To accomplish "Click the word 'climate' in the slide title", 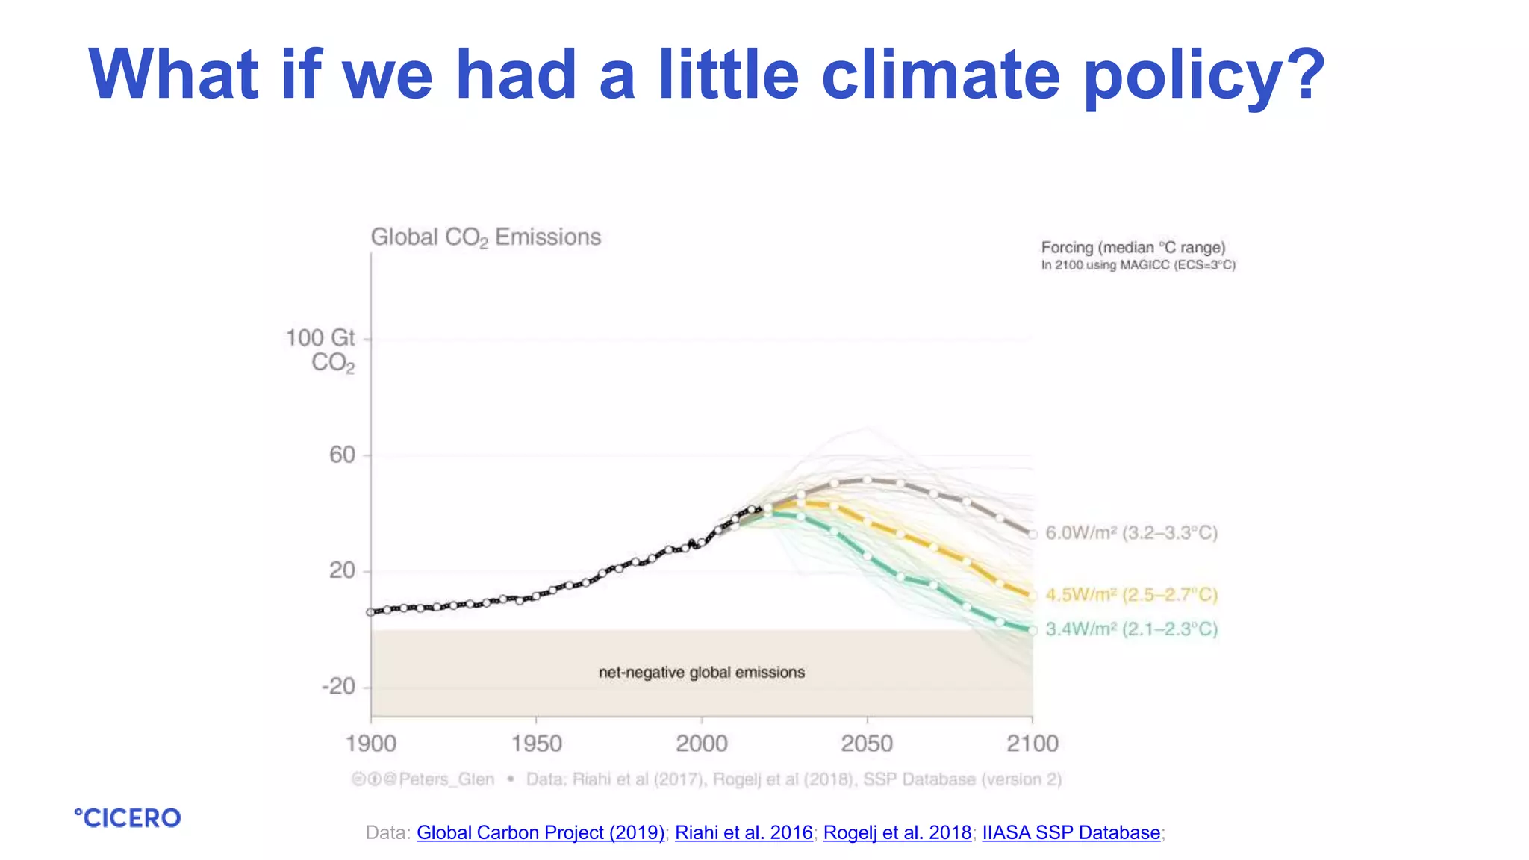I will (940, 74).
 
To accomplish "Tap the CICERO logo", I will (128, 818).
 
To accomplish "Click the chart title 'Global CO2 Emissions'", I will (485, 237).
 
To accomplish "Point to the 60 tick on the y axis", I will (343, 455).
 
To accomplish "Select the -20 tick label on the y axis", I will (338, 686).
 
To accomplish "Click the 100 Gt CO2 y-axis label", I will (322, 349).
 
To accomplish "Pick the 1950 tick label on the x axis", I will (536, 744).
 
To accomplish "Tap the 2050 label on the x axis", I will (867, 744).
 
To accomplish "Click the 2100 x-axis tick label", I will (1032, 744).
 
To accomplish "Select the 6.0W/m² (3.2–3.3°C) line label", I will (1131, 533).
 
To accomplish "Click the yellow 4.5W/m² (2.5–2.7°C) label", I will (1131, 595).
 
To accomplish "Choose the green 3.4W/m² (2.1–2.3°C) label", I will (1131, 629).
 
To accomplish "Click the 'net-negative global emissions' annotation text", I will (701, 673).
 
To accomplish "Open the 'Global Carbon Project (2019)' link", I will (540, 832).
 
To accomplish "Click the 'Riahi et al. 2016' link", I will (744, 832).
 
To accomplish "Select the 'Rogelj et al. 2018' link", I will (897, 832).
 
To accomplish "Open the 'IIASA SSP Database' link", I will (1071, 832).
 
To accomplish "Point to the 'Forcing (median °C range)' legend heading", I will (1133, 247).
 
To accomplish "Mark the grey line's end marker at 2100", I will (1033, 535).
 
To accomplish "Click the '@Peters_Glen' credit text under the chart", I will (446, 779).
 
